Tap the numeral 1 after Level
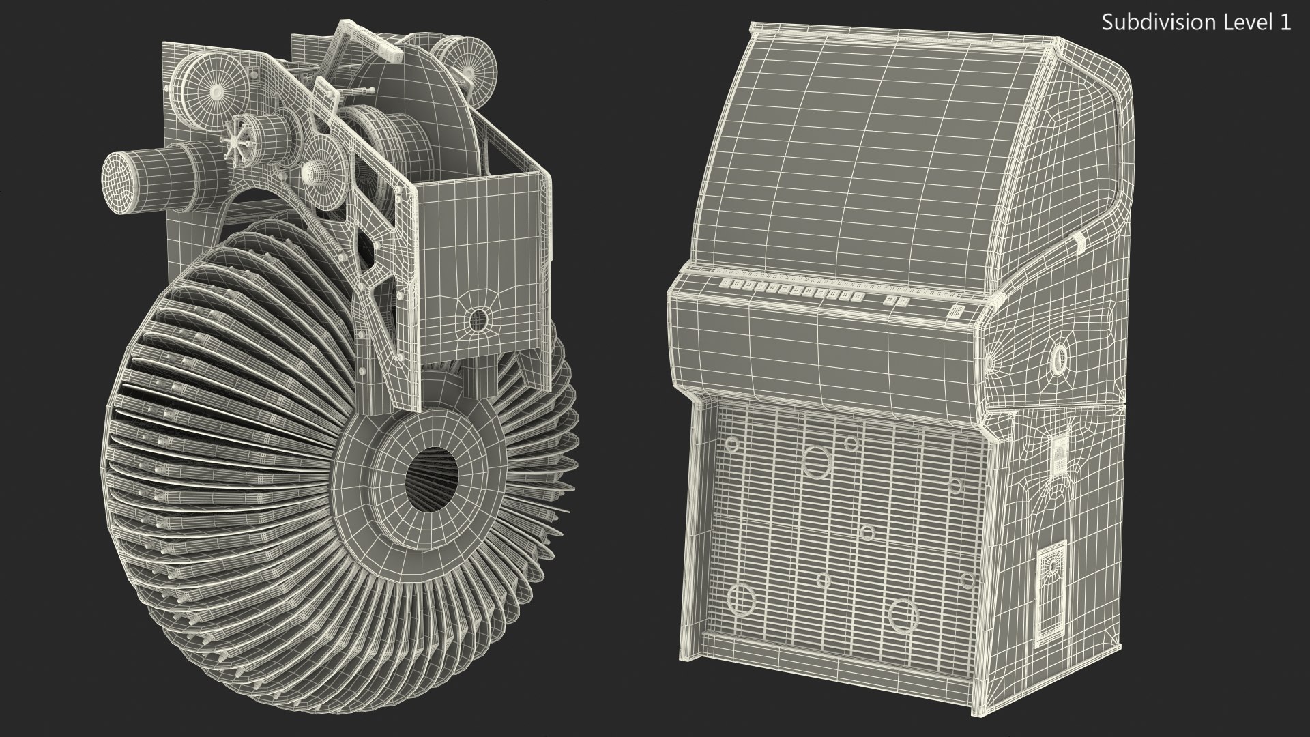[1285, 23]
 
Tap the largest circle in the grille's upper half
[816, 461]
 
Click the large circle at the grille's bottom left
[740, 599]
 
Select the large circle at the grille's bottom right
[903, 615]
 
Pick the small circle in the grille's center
[867, 532]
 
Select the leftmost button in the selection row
[727, 283]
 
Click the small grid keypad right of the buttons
[957, 311]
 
